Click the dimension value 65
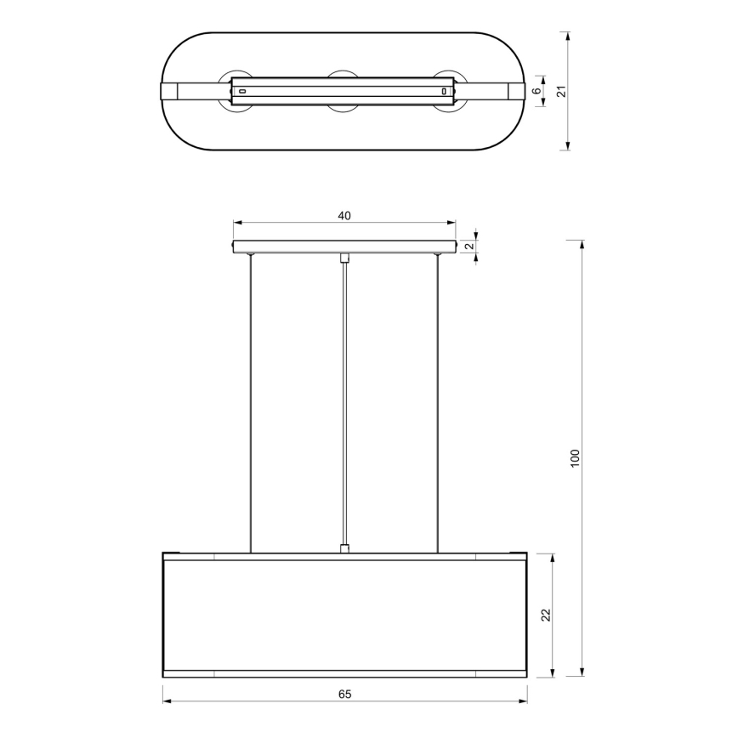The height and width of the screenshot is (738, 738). point(344,694)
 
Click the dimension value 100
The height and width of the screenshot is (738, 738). point(575,459)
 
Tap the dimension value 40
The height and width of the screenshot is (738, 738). point(344,216)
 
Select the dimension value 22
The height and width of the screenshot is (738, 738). point(547,615)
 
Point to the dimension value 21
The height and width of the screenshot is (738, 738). point(561,91)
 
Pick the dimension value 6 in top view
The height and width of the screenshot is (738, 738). point(536,91)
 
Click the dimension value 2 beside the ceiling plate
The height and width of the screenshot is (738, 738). point(468,247)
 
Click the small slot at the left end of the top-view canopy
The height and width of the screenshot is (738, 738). point(242,91)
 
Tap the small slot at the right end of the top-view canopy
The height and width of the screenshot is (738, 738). point(443,91)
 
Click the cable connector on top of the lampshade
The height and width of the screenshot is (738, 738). point(344,548)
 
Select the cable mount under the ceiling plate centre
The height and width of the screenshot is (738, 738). point(344,258)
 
